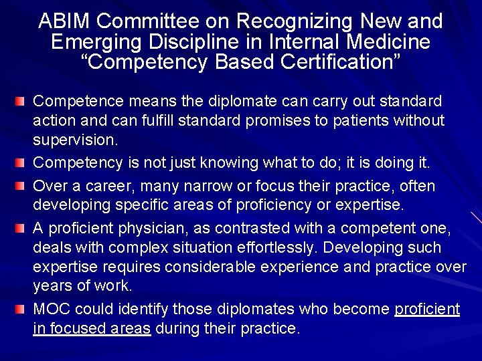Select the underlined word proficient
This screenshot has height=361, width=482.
[x=428, y=310]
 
